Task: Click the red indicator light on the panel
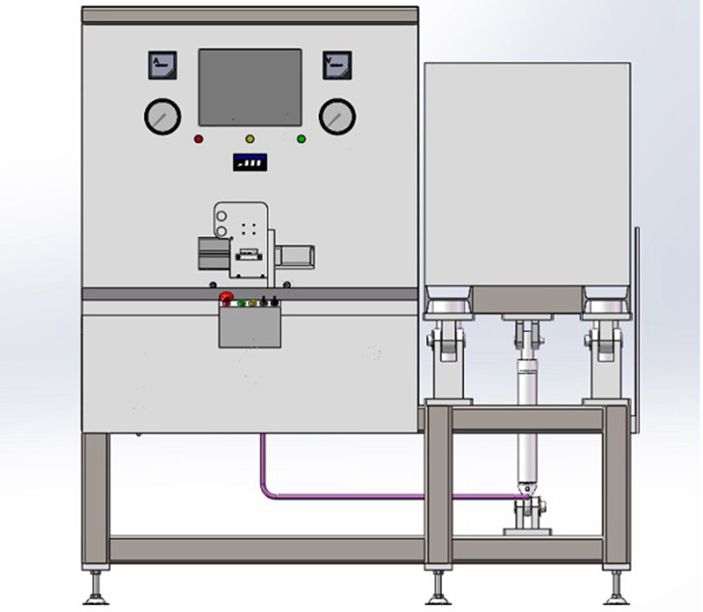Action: click(199, 139)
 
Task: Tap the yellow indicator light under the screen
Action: click(250, 139)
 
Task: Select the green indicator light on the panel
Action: click(301, 139)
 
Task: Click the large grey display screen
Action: click(250, 86)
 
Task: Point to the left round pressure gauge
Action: click(163, 115)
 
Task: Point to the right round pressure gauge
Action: click(337, 115)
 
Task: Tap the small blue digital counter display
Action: click(250, 163)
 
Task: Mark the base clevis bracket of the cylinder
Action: click(527, 519)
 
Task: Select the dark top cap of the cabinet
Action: click(250, 15)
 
